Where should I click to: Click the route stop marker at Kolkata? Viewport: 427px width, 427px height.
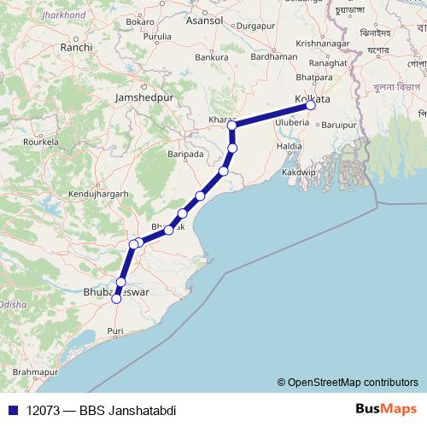point(311,105)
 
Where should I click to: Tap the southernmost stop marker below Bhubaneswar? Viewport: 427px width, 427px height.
point(116,299)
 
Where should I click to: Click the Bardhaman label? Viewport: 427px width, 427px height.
point(278,56)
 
